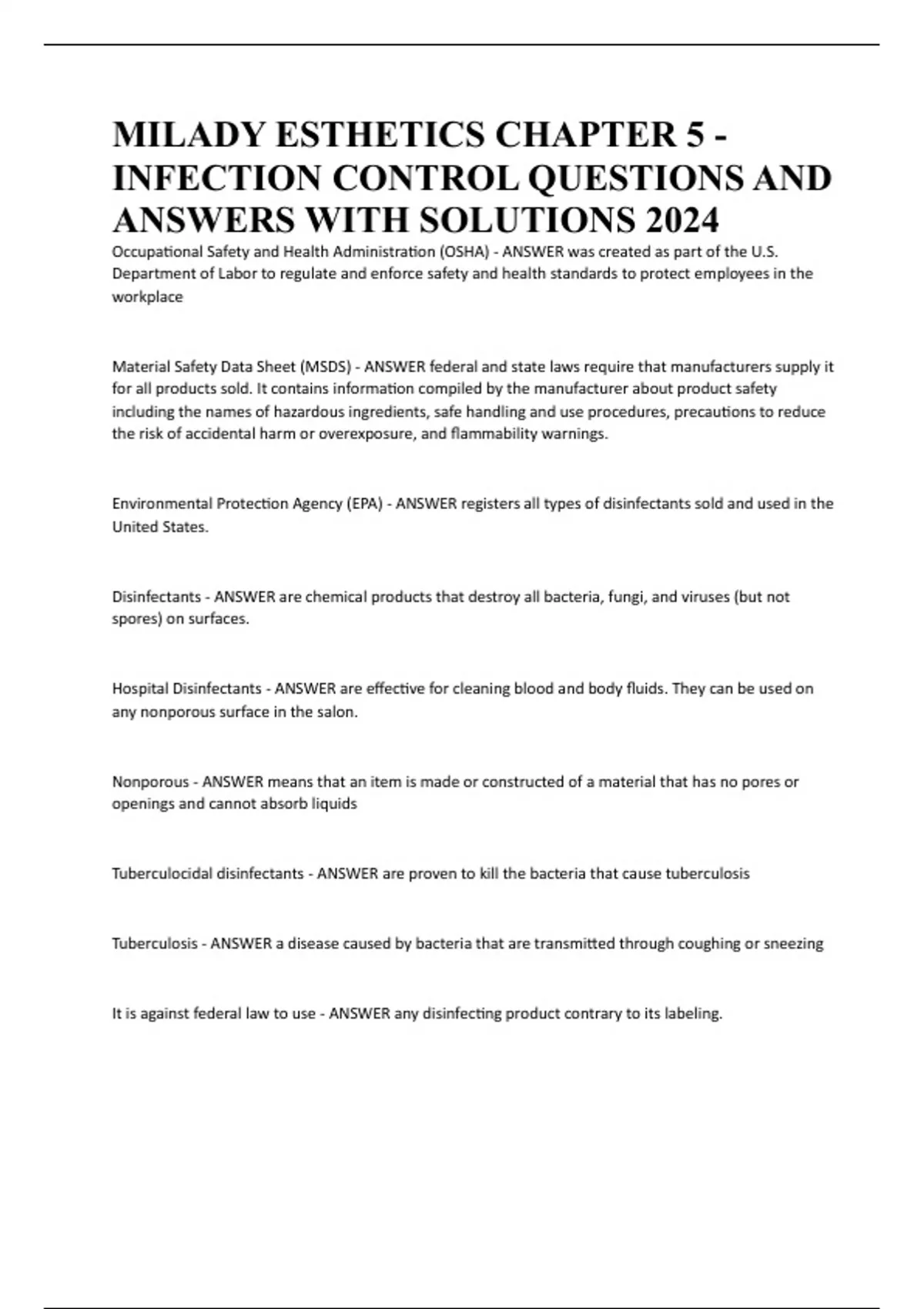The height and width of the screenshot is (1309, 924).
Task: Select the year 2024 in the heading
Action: tap(682, 220)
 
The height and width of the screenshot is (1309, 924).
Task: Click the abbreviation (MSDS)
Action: tap(325, 367)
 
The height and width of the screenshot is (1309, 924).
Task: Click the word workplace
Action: tap(148, 297)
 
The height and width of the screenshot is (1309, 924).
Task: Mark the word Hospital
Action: tap(140, 688)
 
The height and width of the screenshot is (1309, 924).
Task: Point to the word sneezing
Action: tap(793, 944)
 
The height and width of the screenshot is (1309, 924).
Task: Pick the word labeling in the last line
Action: tap(695, 1014)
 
